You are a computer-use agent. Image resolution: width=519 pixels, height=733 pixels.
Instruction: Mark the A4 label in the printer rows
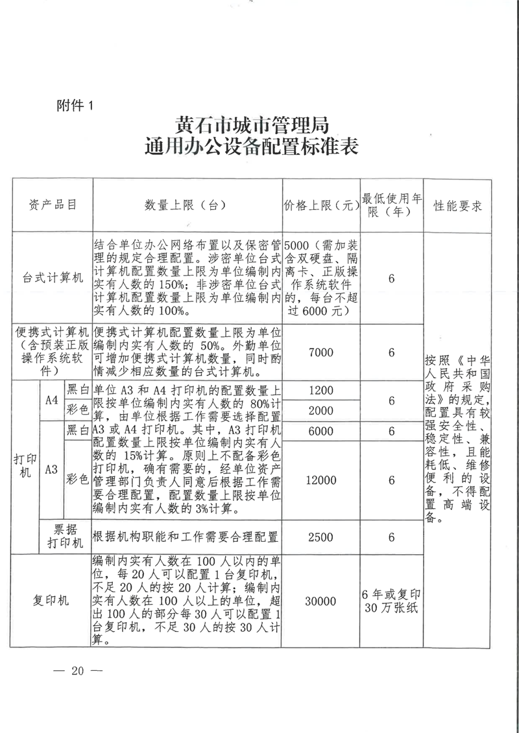pyautogui.click(x=52, y=400)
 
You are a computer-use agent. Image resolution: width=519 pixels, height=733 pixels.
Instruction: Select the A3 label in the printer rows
pyautogui.click(x=52, y=470)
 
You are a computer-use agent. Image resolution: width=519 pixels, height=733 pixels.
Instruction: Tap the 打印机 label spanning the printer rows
pyautogui.click(x=25, y=465)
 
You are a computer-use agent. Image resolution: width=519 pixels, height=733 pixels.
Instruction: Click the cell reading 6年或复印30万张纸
pyautogui.click(x=392, y=601)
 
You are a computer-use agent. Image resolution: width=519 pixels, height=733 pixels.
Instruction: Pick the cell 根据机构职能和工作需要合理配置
pyautogui.click(x=186, y=537)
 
